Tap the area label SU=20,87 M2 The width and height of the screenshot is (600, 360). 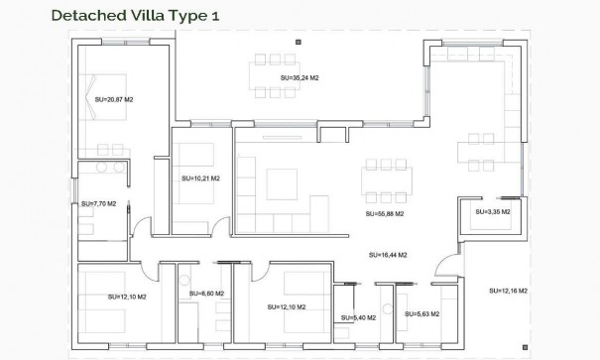click(x=115, y=99)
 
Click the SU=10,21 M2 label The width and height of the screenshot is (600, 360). click(x=201, y=180)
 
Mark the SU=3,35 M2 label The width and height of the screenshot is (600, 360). click(x=492, y=211)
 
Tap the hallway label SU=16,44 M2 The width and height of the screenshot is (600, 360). click(x=388, y=254)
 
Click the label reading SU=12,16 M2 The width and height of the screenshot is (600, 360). click(x=508, y=291)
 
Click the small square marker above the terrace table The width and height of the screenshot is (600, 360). click(x=299, y=41)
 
